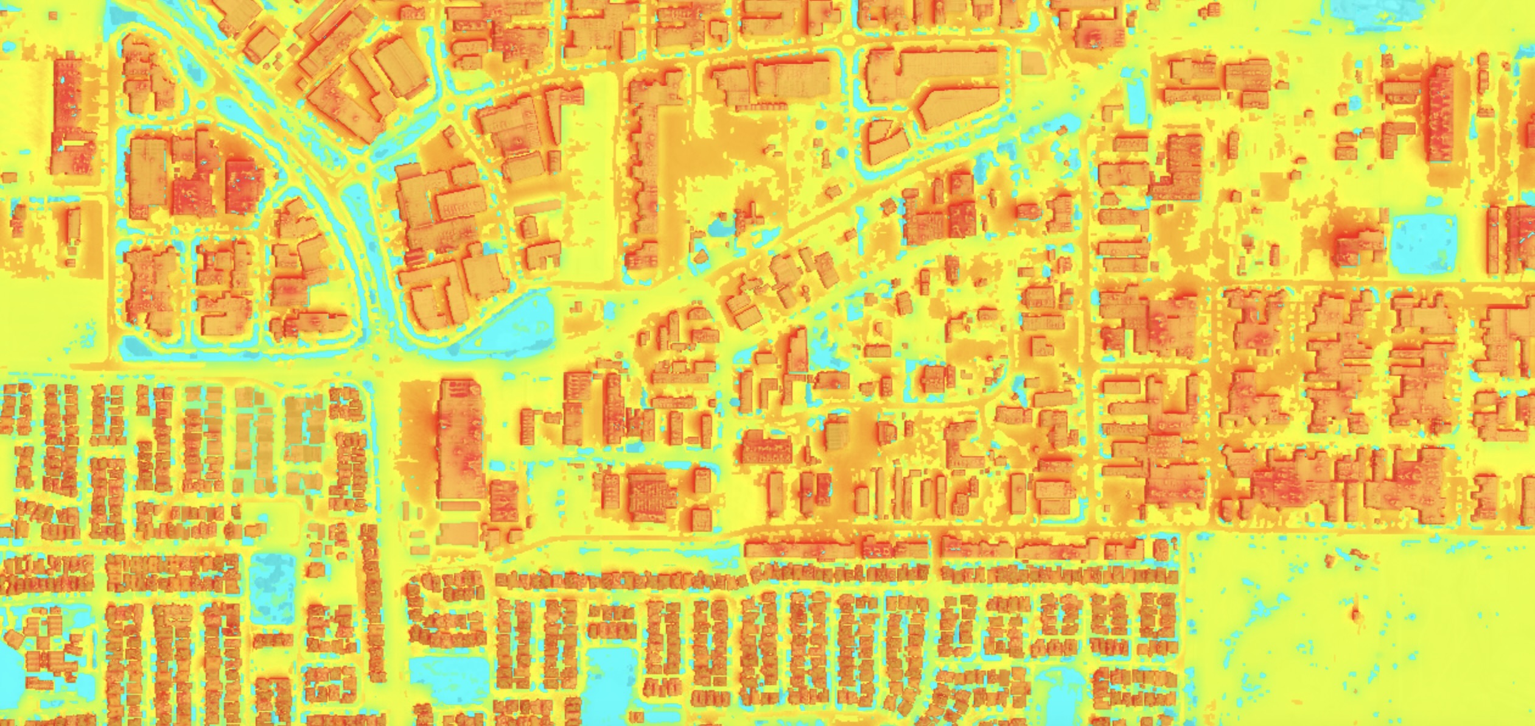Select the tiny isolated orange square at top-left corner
click(9, 177)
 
